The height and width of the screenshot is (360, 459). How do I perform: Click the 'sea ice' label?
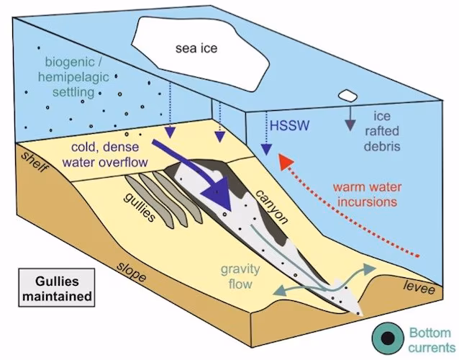(x=196, y=48)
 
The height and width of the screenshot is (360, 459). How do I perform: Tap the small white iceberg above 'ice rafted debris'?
(x=349, y=95)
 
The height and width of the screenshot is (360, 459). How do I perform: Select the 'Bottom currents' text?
(x=430, y=340)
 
